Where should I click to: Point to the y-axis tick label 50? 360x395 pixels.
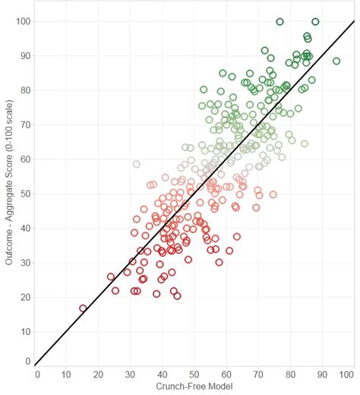(x=24, y=193)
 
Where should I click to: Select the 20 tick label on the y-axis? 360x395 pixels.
(x=24, y=296)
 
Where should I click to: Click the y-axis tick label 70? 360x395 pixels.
(x=24, y=125)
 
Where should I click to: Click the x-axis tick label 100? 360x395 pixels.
(x=346, y=374)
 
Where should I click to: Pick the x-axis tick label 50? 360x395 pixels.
(x=194, y=374)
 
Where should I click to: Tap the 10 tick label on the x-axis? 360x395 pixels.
(x=68, y=374)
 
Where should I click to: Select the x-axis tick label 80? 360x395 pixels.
(x=289, y=374)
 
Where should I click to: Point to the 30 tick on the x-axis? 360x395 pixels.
(x=131, y=374)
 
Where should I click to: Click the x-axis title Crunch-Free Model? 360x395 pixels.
(x=195, y=387)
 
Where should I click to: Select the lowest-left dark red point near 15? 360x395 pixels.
(x=83, y=308)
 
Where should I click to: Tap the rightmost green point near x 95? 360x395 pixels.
(x=336, y=62)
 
